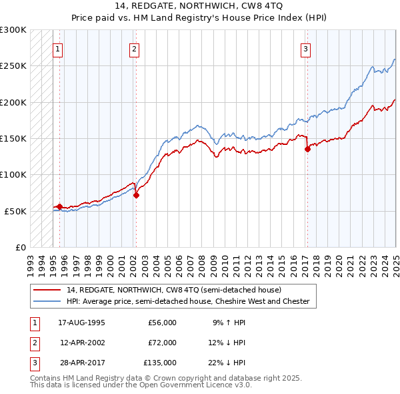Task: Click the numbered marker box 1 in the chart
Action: [x=58, y=48]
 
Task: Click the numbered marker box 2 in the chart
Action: [x=134, y=48]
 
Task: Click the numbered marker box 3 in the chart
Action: [x=305, y=48]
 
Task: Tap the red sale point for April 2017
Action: [x=307, y=150]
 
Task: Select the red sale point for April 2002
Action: [x=136, y=196]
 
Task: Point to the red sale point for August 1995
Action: [x=60, y=207]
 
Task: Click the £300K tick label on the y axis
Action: [x=13, y=30]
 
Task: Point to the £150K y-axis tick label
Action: [x=13, y=138]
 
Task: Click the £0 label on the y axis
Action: [x=20, y=247]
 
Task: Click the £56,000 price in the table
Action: [x=162, y=323]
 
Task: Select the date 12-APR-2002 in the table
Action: [x=83, y=343]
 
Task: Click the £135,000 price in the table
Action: [x=160, y=363]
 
